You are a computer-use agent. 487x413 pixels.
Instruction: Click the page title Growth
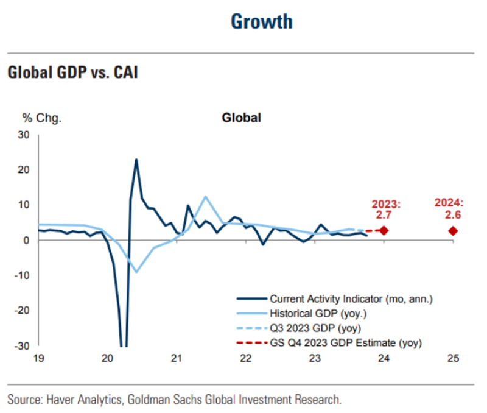(x=262, y=21)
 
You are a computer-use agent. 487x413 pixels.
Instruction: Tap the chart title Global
(x=241, y=118)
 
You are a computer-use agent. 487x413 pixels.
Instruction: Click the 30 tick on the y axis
(x=24, y=135)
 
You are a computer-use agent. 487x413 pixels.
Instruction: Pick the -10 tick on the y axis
(x=23, y=275)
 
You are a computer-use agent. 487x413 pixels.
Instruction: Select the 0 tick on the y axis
(x=27, y=240)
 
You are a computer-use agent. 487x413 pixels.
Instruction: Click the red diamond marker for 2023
(x=384, y=230)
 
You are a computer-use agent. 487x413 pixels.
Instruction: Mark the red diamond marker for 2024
(x=453, y=231)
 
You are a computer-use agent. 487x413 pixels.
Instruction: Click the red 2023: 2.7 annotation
(x=386, y=209)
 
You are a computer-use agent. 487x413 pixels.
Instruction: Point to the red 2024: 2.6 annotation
(x=450, y=209)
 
